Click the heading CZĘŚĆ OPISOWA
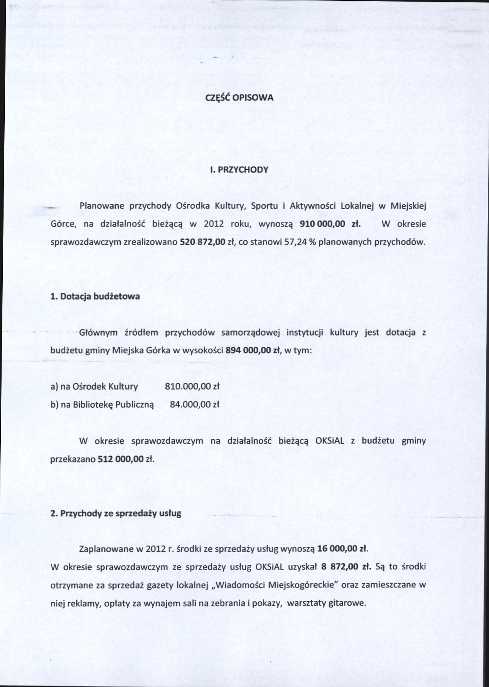point(239,97)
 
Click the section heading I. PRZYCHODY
point(239,170)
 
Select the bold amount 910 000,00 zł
point(330,224)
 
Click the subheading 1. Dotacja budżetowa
point(95,296)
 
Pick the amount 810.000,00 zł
point(192,386)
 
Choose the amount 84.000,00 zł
point(194,404)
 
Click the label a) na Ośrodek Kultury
point(94,386)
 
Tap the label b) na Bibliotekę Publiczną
point(102,404)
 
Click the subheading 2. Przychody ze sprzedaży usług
point(116,513)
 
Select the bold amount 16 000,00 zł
point(342,549)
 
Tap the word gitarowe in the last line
point(347,603)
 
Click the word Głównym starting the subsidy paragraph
point(98,332)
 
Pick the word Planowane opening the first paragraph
point(102,206)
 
